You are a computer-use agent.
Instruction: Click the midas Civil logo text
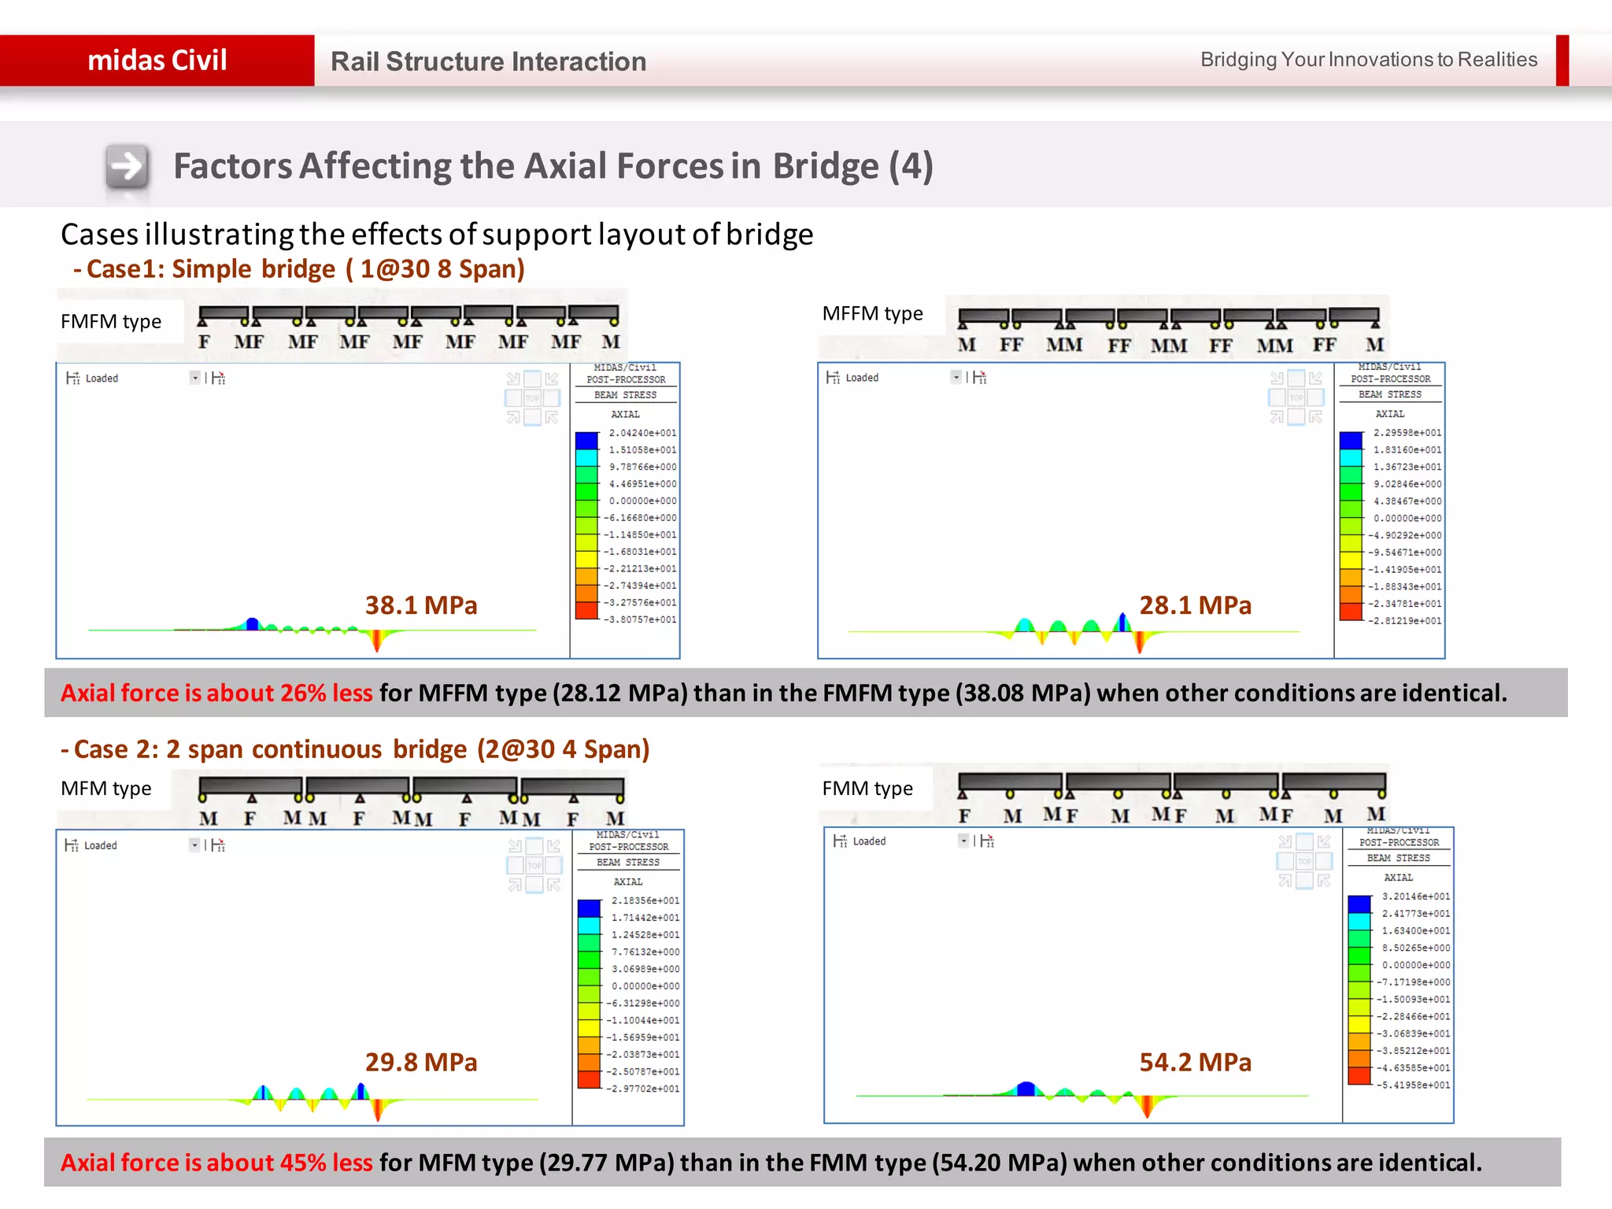click(x=157, y=61)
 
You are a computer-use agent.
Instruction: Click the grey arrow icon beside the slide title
click(x=127, y=167)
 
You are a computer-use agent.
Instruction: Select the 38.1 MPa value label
click(x=421, y=605)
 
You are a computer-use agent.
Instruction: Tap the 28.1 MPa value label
click(x=1195, y=605)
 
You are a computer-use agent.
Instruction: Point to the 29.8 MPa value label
click(x=421, y=1063)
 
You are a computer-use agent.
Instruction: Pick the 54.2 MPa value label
click(x=1195, y=1063)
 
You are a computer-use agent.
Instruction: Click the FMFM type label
click(x=111, y=321)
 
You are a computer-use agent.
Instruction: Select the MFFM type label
click(x=872, y=314)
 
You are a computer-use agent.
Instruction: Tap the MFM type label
click(x=106, y=788)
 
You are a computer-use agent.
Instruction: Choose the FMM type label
click(x=867, y=788)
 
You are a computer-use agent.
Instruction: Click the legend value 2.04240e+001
click(x=642, y=433)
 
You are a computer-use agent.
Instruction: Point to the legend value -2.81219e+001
click(x=1406, y=621)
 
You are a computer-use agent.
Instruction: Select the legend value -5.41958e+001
click(x=1414, y=1085)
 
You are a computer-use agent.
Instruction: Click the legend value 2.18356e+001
click(x=645, y=900)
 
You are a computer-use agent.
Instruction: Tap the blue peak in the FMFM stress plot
click(x=252, y=623)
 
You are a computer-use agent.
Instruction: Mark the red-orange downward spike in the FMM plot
click(x=1147, y=1105)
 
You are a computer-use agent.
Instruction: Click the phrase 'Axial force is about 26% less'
click(x=216, y=693)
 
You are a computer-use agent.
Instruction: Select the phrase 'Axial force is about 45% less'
click(x=216, y=1163)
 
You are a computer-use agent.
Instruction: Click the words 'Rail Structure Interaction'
click(x=488, y=61)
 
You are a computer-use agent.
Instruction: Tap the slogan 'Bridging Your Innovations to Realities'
click(x=1368, y=60)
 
